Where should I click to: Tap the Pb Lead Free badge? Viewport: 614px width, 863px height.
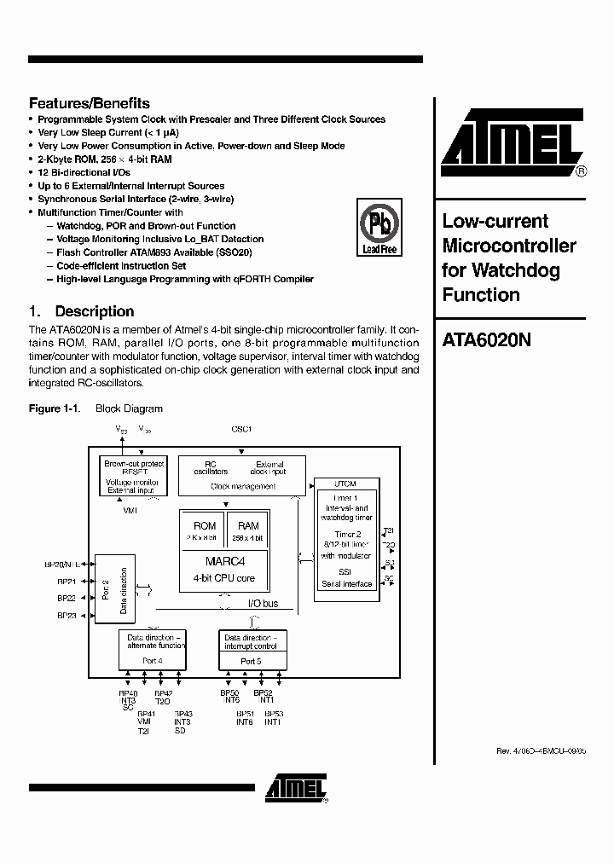tap(379, 228)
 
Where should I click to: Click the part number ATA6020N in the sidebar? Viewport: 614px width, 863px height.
tap(487, 339)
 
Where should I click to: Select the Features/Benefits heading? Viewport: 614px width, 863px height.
tap(90, 102)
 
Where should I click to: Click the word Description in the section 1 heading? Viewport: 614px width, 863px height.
tap(94, 311)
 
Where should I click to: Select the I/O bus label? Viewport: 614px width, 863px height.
tap(263, 603)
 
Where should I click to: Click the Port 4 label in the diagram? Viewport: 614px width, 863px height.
tap(153, 660)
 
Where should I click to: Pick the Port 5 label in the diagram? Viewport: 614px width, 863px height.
tap(251, 661)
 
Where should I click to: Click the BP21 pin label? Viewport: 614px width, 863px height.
tap(67, 581)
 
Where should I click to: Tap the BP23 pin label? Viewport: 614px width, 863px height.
tap(67, 615)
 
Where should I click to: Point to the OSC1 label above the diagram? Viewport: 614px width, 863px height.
tap(241, 429)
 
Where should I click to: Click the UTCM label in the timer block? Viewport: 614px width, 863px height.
tap(345, 484)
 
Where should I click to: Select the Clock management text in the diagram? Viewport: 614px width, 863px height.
tap(243, 487)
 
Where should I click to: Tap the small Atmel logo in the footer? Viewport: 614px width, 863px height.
tap(294, 788)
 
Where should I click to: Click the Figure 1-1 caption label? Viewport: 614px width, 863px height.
tap(55, 408)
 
